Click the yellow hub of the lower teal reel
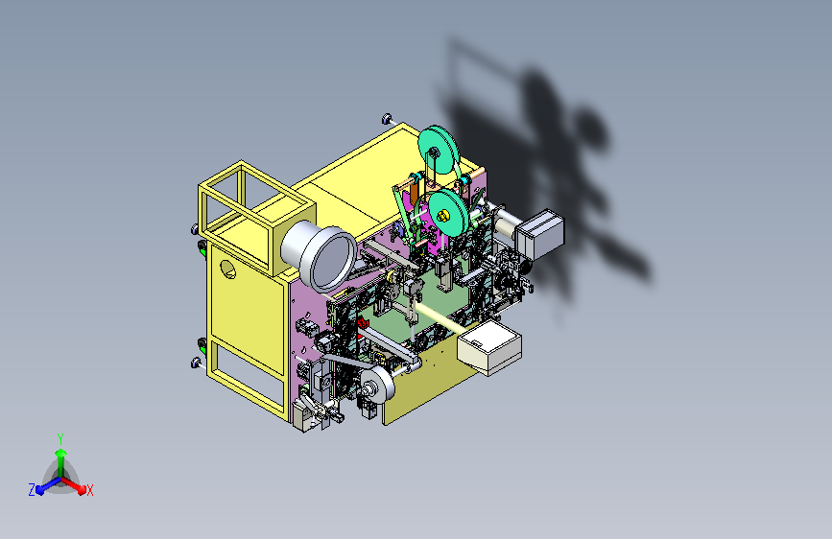click(443, 215)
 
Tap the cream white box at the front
click(489, 347)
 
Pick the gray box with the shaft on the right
click(539, 234)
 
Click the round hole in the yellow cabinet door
click(227, 269)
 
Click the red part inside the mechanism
click(364, 323)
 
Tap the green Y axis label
click(60, 439)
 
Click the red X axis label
click(89, 490)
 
